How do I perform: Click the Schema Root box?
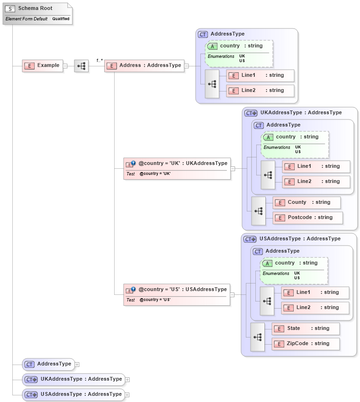click(38, 13)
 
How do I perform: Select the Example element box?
click(43, 65)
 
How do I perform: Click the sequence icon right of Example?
click(81, 66)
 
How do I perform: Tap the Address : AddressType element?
click(144, 65)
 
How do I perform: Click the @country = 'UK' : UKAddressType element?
click(177, 168)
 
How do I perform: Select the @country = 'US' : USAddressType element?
click(177, 294)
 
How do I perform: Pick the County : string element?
click(307, 202)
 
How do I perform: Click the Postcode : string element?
click(308, 218)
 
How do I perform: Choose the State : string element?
click(306, 329)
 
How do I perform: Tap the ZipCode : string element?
click(306, 344)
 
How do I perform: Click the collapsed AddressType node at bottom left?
click(49, 364)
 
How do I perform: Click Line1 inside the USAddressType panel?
click(315, 292)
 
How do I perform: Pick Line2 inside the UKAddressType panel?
click(316, 182)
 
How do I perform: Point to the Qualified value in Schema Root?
click(61, 19)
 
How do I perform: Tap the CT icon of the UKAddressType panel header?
click(251, 113)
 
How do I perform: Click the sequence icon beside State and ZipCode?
click(258, 337)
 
